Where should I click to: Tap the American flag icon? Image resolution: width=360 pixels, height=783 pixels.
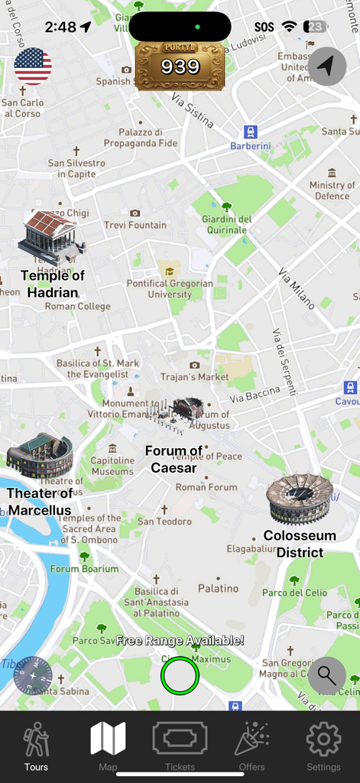33,66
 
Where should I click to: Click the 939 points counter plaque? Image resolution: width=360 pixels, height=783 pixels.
180,67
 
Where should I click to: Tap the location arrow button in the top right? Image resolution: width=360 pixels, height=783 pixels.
327,67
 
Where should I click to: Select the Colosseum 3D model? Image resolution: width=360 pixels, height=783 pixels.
300,499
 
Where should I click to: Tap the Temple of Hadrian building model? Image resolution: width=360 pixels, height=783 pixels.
50,238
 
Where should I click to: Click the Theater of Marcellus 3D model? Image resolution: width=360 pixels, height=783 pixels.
40,456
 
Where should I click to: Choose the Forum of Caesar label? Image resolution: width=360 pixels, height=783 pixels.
174,460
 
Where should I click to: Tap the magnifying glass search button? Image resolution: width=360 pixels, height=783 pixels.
327,676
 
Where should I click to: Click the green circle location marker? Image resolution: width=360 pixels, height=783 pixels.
180,676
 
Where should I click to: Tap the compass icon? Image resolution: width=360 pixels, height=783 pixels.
33,676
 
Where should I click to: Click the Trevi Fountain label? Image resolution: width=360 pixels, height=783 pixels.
135,225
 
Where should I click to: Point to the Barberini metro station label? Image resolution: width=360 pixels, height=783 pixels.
251,145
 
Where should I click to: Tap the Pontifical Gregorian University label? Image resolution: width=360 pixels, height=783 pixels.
170,288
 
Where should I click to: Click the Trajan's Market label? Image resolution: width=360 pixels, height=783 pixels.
194,376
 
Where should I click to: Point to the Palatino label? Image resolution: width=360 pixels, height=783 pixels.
219,588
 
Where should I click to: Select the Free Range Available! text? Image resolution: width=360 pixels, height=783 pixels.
180,641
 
